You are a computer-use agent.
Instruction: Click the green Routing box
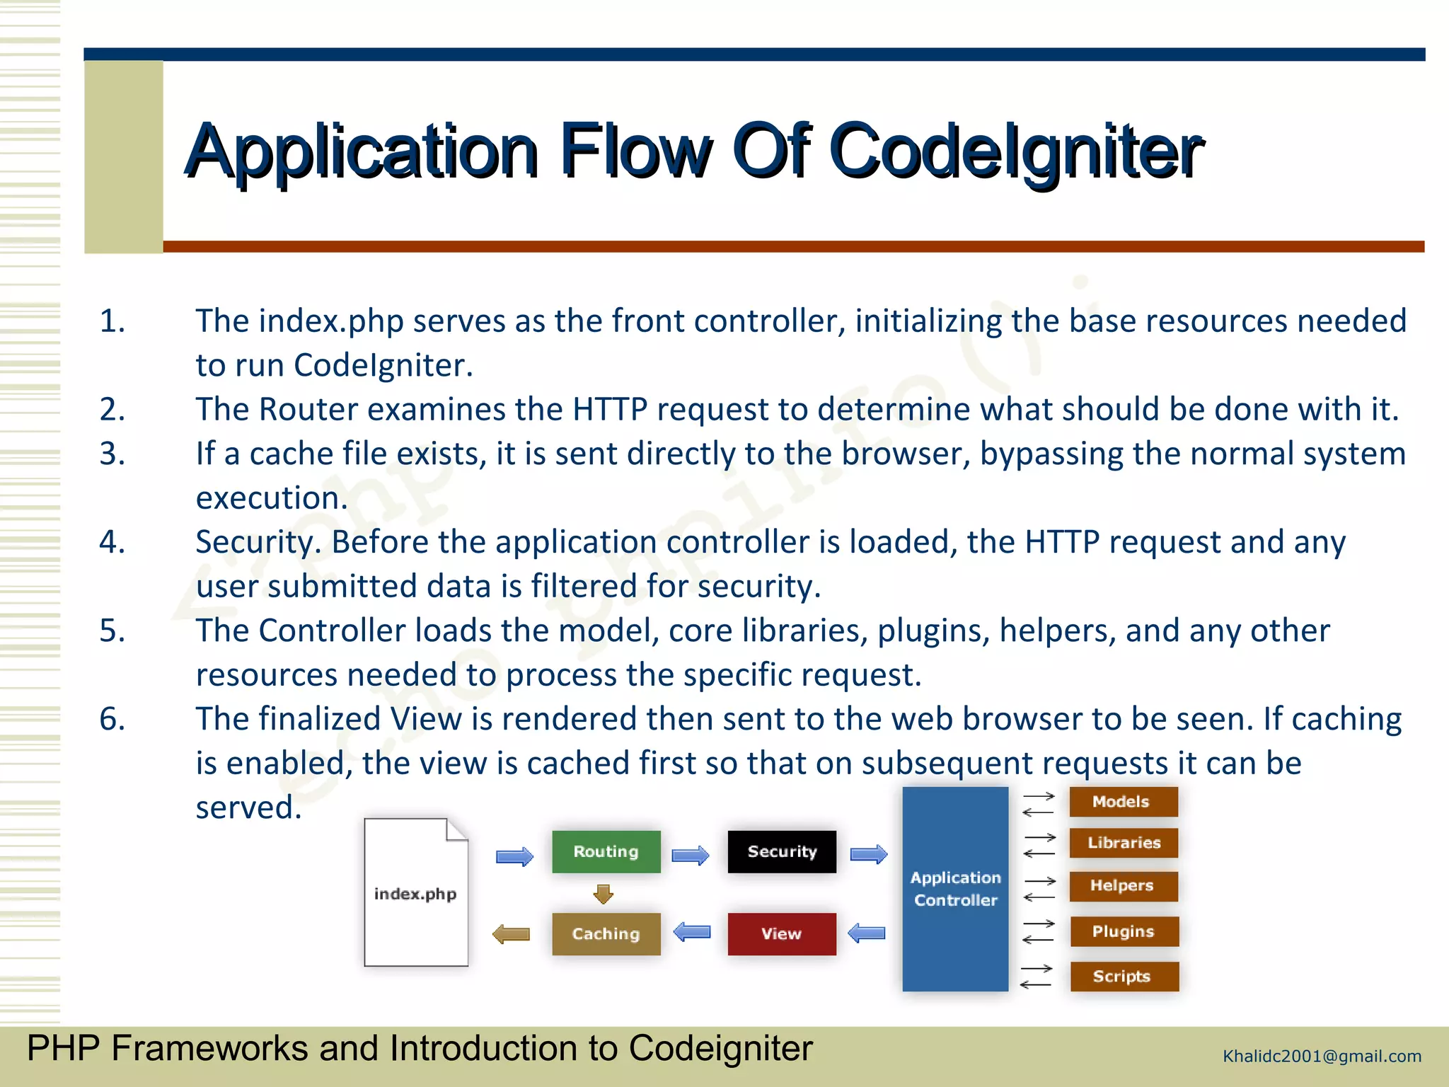click(x=606, y=851)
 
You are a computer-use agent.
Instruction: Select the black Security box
click(x=782, y=851)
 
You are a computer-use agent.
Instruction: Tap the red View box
click(x=781, y=933)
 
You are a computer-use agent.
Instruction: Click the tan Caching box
click(x=606, y=933)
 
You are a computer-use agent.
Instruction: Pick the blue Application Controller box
click(x=955, y=889)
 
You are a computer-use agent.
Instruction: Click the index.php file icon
click(x=415, y=893)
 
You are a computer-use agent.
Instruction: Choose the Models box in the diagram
click(x=1123, y=802)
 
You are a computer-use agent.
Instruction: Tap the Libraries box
click(x=1124, y=843)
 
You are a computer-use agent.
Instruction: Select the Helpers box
click(x=1123, y=886)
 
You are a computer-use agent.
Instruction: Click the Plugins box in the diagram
click(x=1124, y=931)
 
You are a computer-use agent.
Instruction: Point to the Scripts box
click(x=1124, y=977)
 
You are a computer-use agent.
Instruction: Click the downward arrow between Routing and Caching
click(x=603, y=894)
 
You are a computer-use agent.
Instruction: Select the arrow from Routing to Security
click(x=690, y=856)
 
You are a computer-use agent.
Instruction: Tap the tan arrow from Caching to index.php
click(x=512, y=934)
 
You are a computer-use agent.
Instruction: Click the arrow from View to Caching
click(x=692, y=931)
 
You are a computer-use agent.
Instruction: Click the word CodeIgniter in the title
click(x=1015, y=151)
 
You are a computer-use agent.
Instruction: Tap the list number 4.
click(x=112, y=542)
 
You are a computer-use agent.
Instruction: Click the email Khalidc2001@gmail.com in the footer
click(x=1322, y=1057)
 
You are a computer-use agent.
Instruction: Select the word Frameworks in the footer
click(x=209, y=1048)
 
